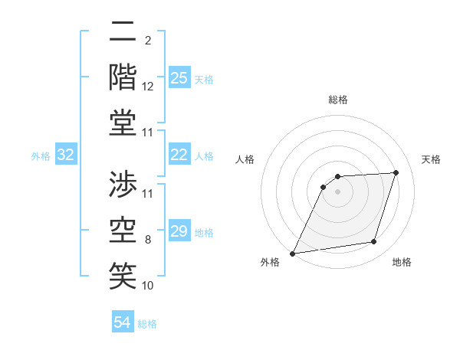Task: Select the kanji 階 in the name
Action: click(x=123, y=77)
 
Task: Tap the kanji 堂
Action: click(x=123, y=123)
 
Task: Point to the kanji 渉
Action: click(x=123, y=184)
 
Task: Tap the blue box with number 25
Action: click(x=179, y=78)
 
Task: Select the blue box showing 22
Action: click(x=179, y=155)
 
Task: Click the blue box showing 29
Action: click(x=179, y=231)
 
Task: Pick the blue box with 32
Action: click(x=66, y=155)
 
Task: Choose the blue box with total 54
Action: click(x=123, y=322)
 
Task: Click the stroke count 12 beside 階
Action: click(x=148, y=87)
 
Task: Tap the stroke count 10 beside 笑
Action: click(x=148, y=286)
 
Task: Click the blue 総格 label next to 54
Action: click(x=147, y=324)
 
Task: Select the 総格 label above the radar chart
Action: click(x=337, y=100)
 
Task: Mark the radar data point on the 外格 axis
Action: click(x=292, y=254)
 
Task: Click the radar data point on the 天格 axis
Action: click(x=396, y=172)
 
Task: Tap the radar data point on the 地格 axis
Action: click(x=374, y=242)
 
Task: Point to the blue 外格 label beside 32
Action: click(x=41, y=156)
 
